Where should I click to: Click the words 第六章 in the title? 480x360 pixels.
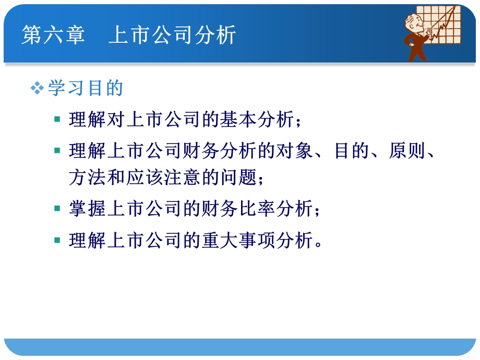[53, 35]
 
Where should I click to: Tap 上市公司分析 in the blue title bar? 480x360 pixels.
[172, 35]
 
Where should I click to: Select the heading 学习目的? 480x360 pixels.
[86, 88]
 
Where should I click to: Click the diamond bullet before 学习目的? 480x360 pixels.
[37, 88]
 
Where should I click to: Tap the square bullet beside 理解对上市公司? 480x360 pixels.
[57, 119]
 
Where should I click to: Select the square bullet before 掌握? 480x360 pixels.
[57, 209]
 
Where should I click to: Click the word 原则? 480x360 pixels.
[404, 152]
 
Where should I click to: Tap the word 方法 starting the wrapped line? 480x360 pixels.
[83, 178]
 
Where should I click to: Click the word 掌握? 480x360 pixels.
[83, 209]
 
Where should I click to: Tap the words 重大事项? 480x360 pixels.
[240, 241]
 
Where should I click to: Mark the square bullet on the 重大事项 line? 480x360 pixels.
[57, 240]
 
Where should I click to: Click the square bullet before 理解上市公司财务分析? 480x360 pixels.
[57, 151]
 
